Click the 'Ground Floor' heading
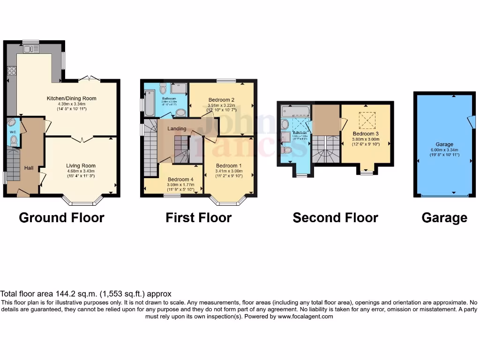click(61, 217)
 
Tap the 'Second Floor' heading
click(335, 217)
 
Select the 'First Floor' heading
click(198, 217)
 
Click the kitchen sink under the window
click(30, 49)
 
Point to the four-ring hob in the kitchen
click(12, 71)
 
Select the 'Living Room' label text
click(81, 165)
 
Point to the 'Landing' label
click(177, 128)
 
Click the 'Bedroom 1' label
click(229, 165)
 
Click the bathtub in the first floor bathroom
click(149, 102)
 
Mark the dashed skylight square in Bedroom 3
click(367, 121)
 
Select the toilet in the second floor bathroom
click(287, 150)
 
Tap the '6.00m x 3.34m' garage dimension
click(444, 150)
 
